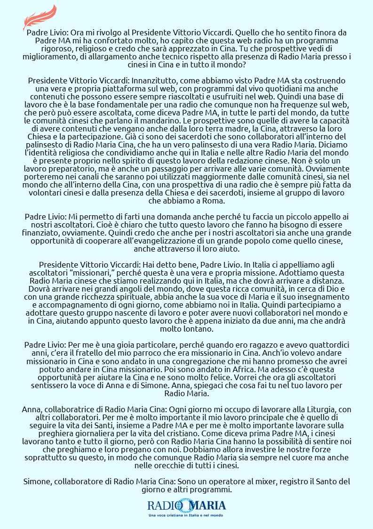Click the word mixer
[x=288, y=481]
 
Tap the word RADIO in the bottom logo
[x=162, y=505]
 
